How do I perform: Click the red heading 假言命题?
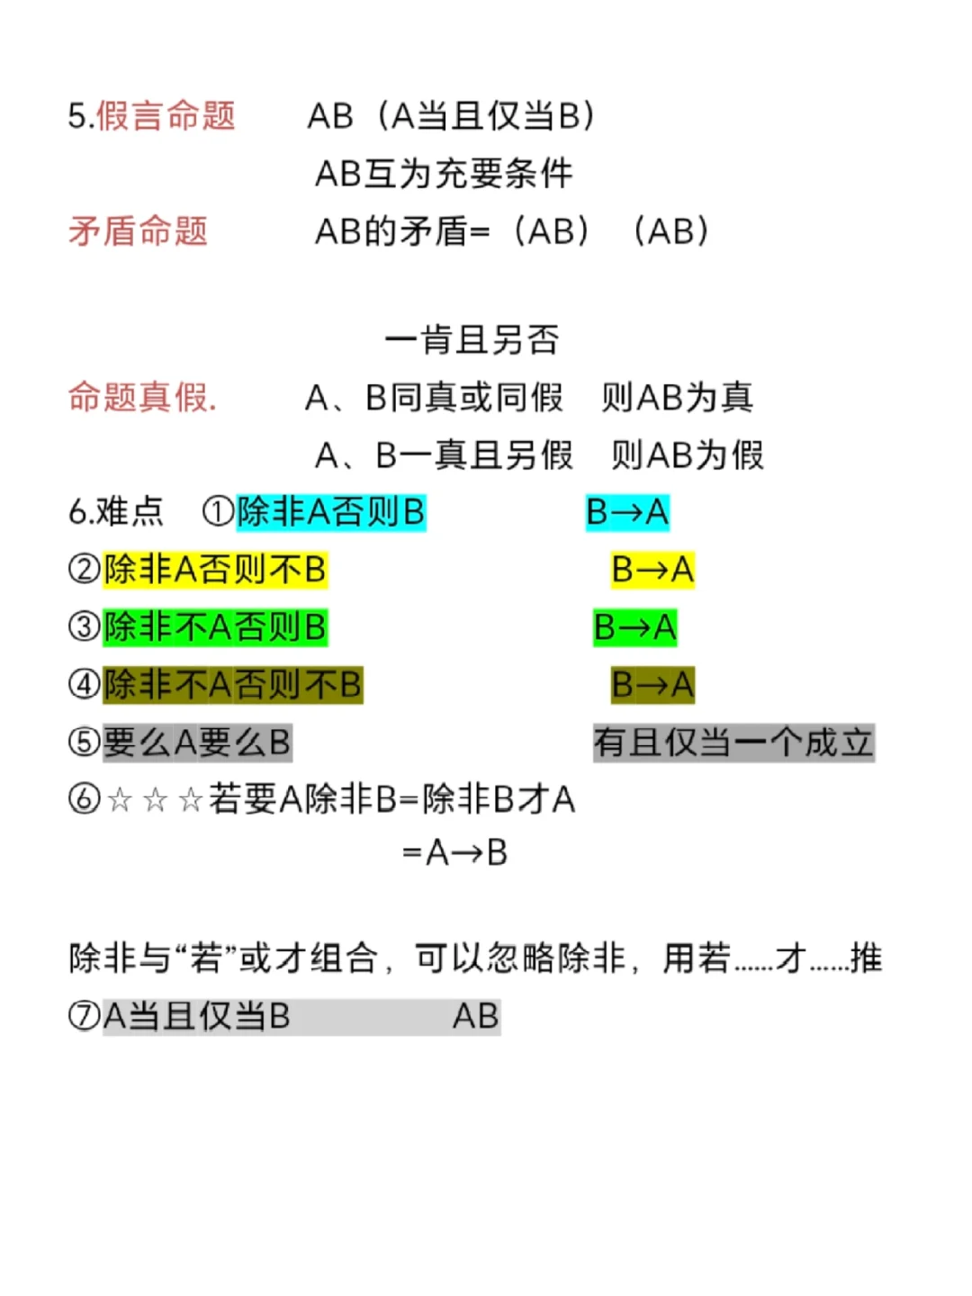coord(165,116)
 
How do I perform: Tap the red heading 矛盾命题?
coord(138,231)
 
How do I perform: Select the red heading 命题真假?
coord(142,397)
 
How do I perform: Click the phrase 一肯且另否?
coord(472,340)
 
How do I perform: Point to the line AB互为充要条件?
coord(444,174)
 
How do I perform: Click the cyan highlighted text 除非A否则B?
coord(330,512)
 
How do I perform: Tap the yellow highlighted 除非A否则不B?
coord(215,570)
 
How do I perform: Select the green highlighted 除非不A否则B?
coord(215,627)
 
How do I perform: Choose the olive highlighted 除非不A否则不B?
coord(232,685)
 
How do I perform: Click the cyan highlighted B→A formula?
coord(627,512)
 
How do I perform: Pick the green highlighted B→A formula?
coord(634,627)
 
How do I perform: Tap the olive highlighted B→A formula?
coord(652,685)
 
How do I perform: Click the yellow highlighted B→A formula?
coord(652,570)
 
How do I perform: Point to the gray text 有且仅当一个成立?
coord(733,742)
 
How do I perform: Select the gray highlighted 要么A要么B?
coord(197,742)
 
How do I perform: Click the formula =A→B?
coord(454,852)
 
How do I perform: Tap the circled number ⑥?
coord(84,799)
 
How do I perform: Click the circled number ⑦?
coord(84,1016)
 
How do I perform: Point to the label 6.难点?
coord(116,512)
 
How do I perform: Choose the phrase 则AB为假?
coord(688,455)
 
